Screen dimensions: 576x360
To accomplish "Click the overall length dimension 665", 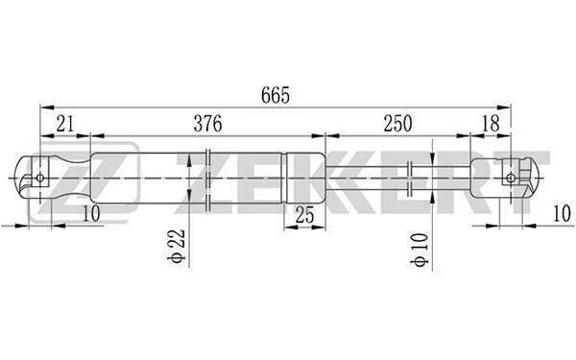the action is pyautogui.click(x=276, y=95).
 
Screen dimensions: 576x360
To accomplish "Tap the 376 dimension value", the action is pyautogui.click(x=208, y=124).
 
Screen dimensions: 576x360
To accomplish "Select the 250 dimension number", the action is pyautogui.click(x=397, y=124).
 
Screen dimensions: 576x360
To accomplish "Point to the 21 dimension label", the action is pyautogui.click(x=65, y=124).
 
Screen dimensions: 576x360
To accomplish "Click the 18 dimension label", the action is pyautogui.click(x=491, y=124).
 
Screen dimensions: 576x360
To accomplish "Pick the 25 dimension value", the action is pyautogui.click(x=305, y=215).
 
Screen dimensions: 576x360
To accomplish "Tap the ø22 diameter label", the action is pyautogui.click(x=176, y=246).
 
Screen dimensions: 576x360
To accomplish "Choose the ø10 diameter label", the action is pyautogui.click(x=420, y=249).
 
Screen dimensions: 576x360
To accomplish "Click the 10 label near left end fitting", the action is pyautogui.click(x=91, y=214).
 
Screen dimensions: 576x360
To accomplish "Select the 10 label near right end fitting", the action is pyautogui.click(x=562, y=213).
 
